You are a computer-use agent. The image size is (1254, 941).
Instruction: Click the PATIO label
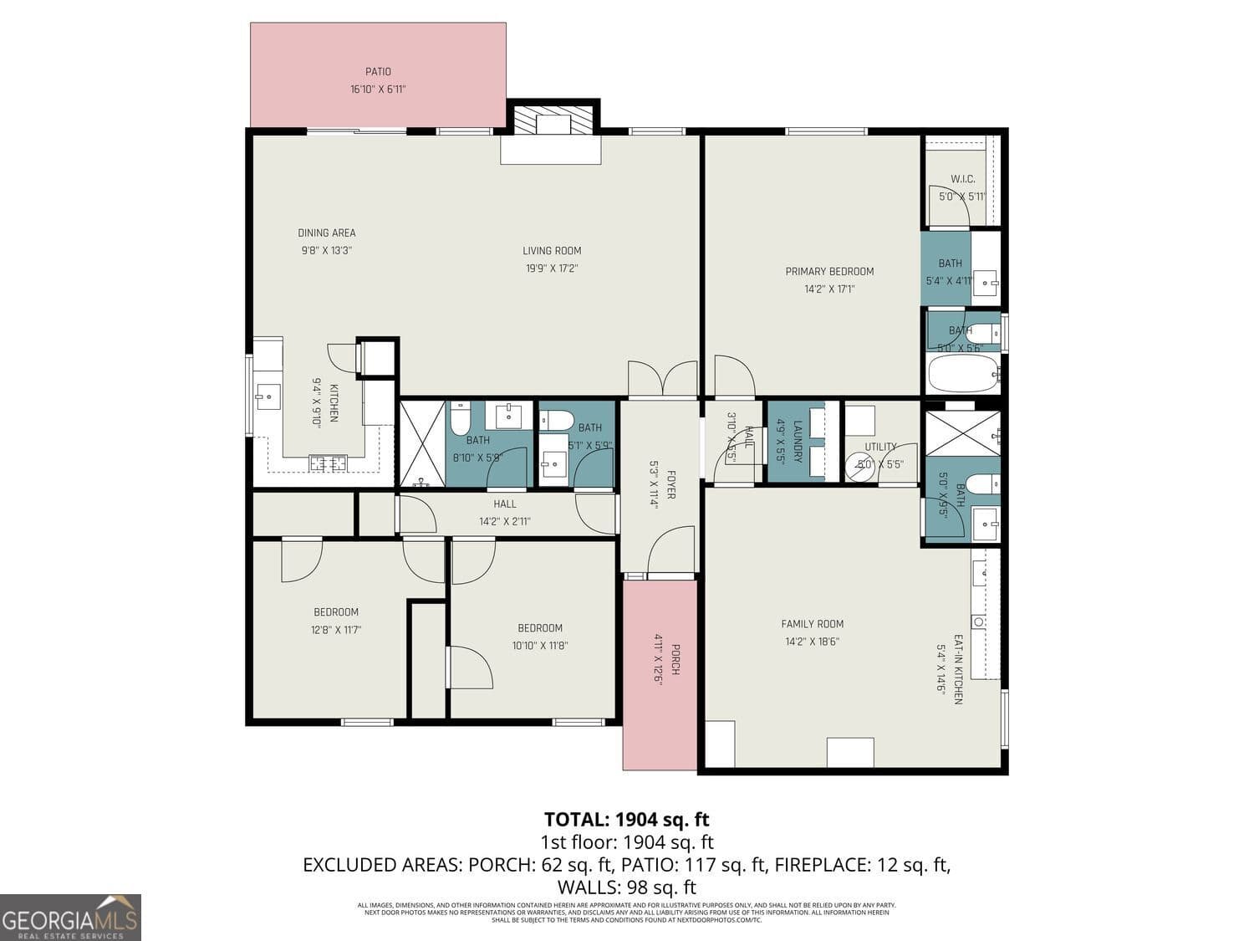tap(378, 72)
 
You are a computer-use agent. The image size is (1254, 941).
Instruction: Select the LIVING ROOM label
tap(552, 250)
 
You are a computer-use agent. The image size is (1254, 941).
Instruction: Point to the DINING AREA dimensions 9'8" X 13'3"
tap(326, 250)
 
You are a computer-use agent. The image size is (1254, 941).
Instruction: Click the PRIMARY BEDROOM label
tap(829, 271)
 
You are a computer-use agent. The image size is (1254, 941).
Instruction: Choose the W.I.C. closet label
tap(962, 179)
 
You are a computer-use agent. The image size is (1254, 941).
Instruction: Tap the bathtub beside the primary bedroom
tap(963, 374)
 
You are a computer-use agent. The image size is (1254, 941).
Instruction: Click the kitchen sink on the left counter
tap(268, 396)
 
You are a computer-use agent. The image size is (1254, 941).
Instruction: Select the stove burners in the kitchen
tap(328, 463)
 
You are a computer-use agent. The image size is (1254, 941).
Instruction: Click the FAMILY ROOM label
tap(812, 624)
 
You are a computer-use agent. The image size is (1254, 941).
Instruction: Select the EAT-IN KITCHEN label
tap(958, 669)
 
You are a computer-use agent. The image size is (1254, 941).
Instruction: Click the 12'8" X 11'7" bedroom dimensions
tap(336, 630)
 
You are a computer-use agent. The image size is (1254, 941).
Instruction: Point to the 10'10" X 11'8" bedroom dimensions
tap(539, 645)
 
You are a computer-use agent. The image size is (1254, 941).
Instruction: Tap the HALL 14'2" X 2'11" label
tap(505, 512)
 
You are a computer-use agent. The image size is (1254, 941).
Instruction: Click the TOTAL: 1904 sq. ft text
tap(626, 819)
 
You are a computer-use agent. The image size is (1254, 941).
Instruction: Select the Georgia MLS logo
tap(70, 918)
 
